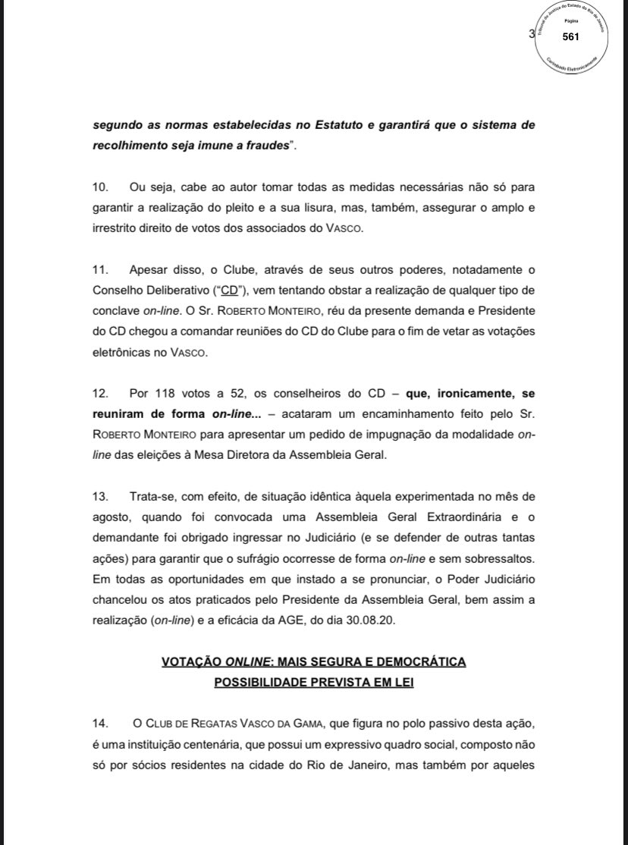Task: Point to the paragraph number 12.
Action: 99,394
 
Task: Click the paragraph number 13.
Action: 99,496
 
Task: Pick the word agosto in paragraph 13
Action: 111,517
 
